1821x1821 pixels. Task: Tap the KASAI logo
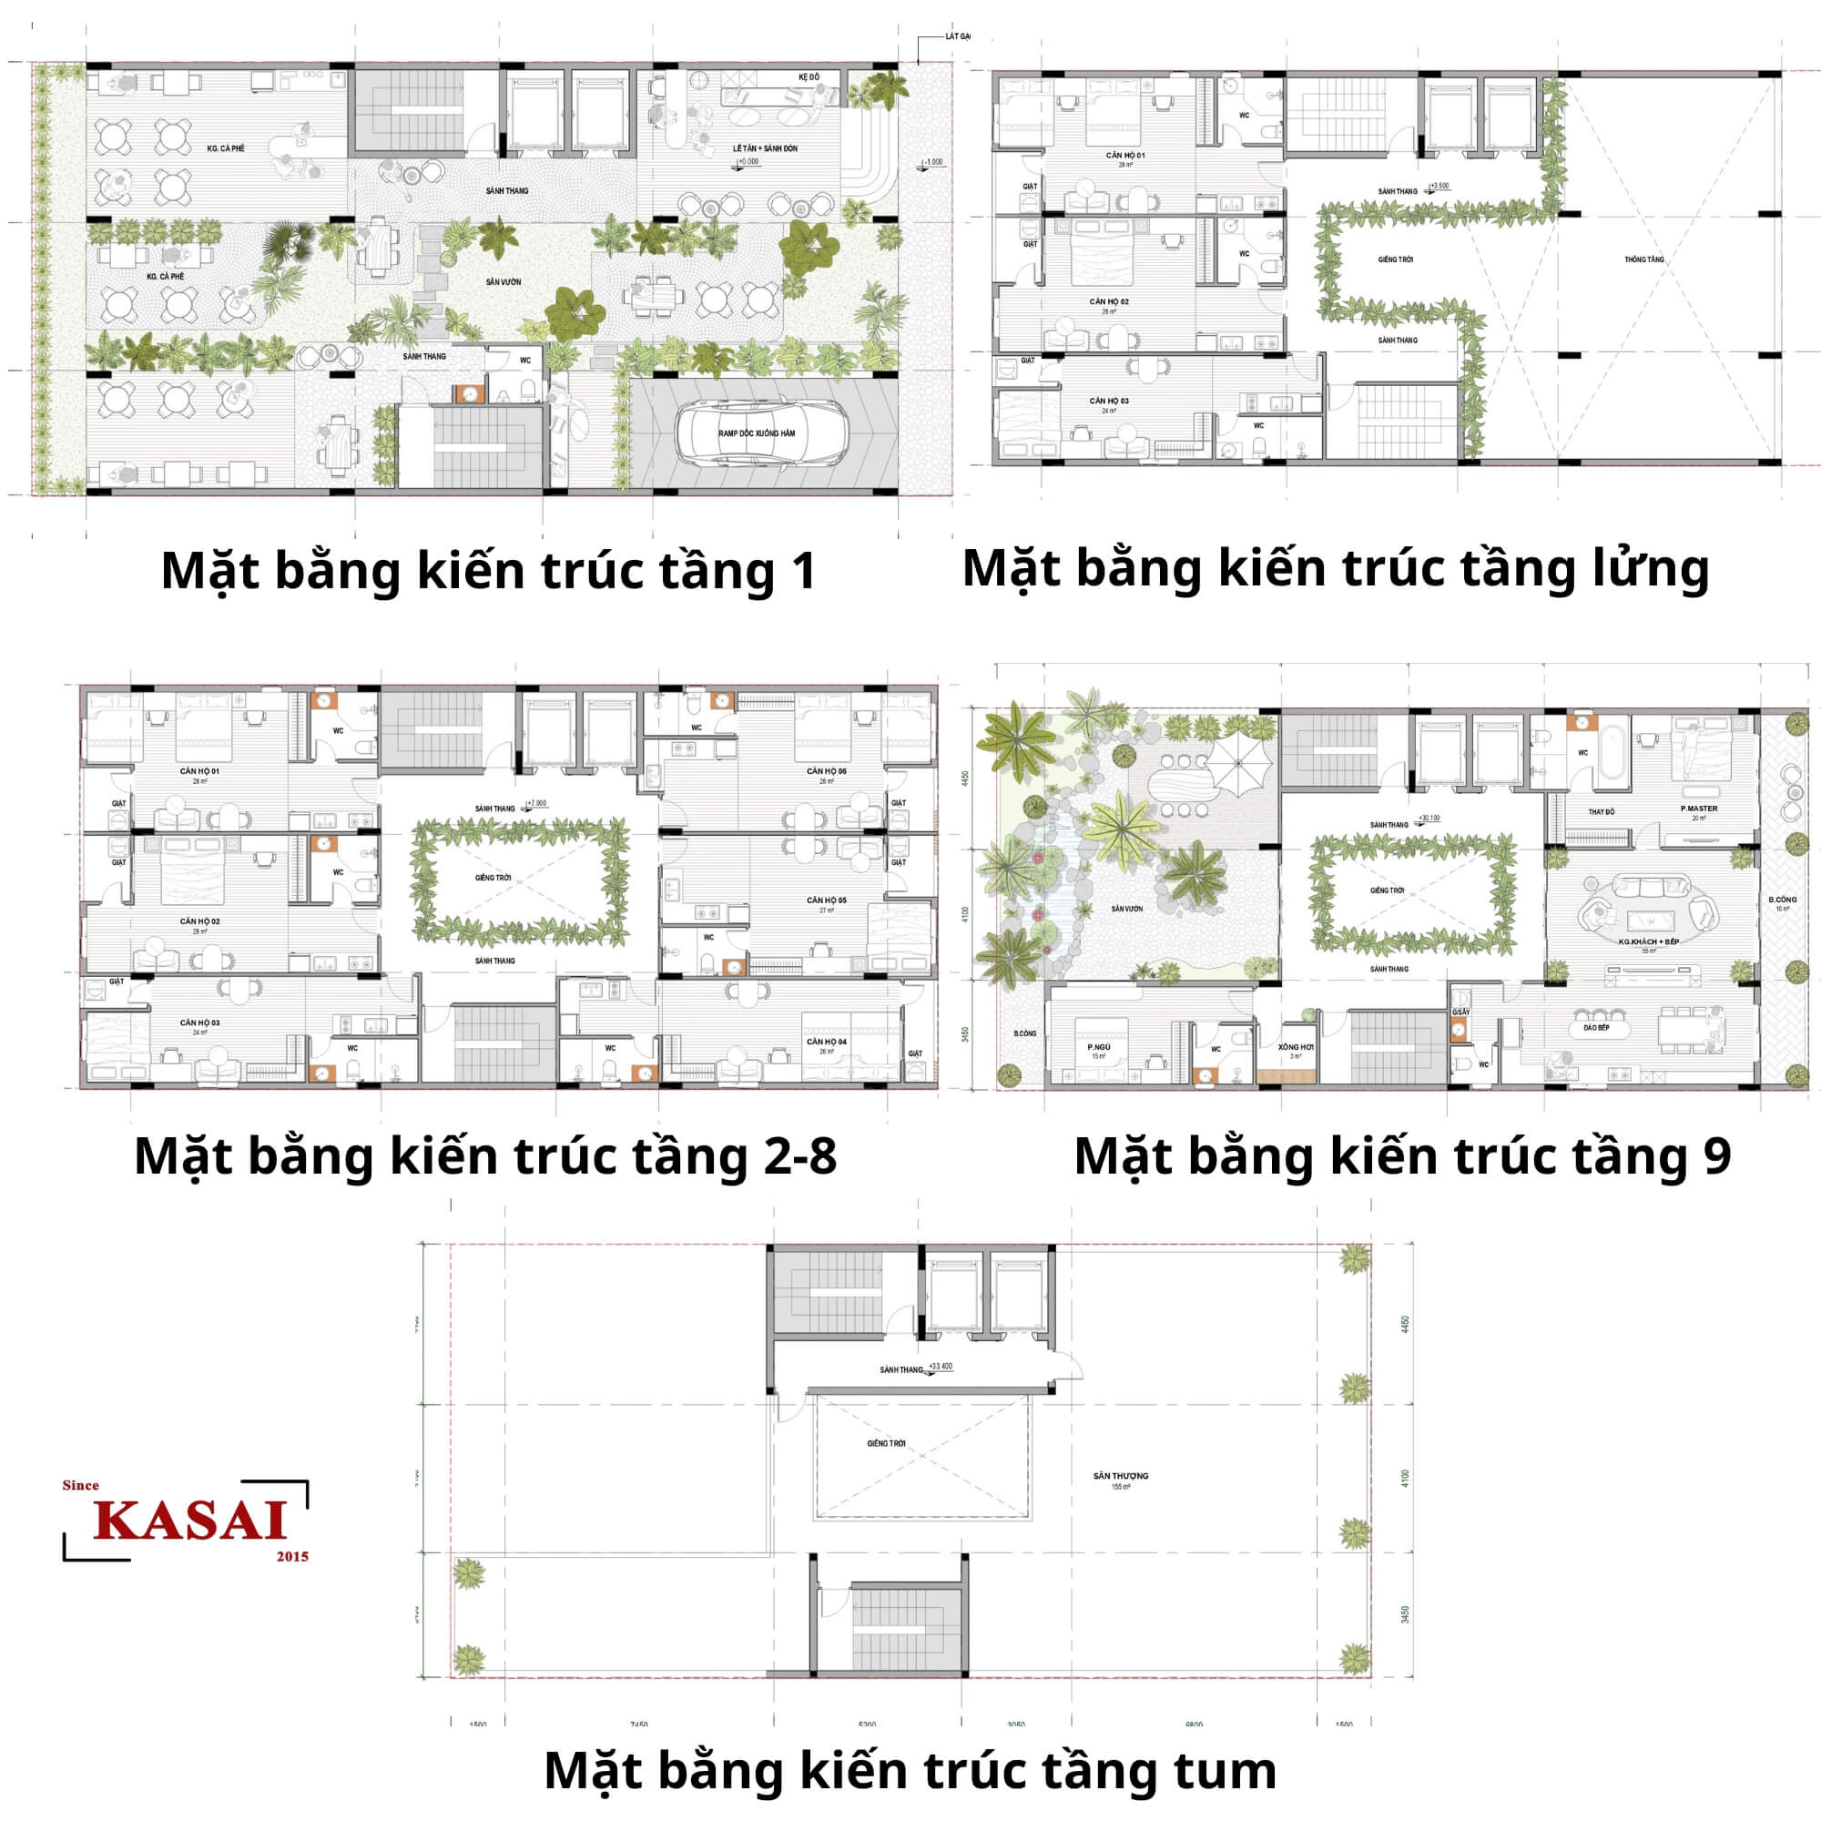(x=188, y=1520)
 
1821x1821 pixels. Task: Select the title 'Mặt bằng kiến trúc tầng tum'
(x=910, y=1769)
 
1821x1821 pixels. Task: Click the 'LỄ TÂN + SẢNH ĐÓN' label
(x=765, y=149)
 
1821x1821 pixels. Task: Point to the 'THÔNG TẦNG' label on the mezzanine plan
(x=1643, y=259)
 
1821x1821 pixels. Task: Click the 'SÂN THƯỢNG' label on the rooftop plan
(x=1121, y=1476)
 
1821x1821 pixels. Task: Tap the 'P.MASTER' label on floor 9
(x=1698, y=809)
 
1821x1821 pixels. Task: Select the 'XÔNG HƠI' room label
(x=1295, y=1047)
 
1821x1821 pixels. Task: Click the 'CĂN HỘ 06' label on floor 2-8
(x=826, y=771)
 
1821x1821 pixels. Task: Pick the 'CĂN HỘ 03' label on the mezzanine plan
(x=1108, y=401)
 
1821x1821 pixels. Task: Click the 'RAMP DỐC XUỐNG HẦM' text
(x=756, y=433)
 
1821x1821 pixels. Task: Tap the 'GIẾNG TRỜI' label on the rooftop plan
(x=886, y=1443)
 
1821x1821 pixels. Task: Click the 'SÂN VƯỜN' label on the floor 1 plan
(x=504, y=282)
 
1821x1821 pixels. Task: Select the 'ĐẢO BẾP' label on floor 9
(x=1596, y=1028)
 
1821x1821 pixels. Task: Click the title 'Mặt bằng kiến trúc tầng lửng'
(x=1335, y=568)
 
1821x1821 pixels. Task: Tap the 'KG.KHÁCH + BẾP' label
(x=1649, y=941)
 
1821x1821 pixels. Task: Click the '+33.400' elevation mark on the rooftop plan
(x=940, y=1366)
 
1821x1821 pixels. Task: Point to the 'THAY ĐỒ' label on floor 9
(x=1601, y=811)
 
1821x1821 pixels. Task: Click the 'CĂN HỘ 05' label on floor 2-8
(x=826, y=900)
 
